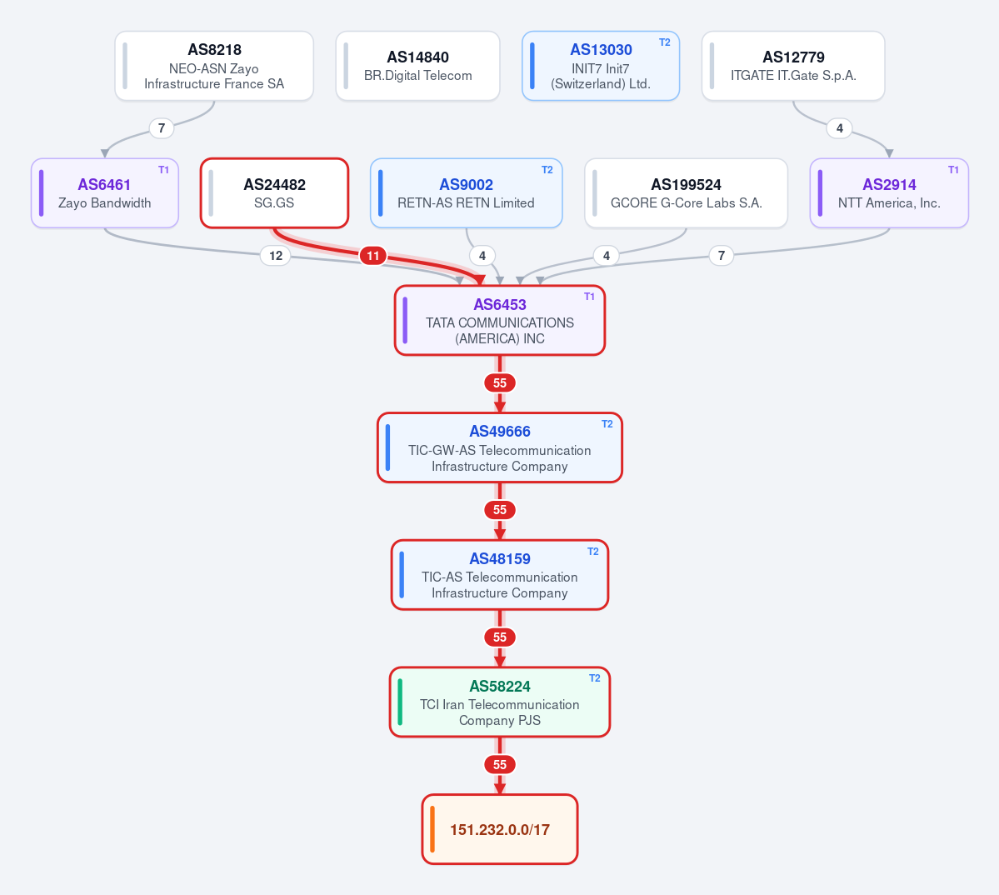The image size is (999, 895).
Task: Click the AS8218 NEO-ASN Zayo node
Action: click(214, 66)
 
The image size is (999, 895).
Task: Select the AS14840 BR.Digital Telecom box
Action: click(418, 66)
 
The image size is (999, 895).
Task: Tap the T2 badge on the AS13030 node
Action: click(665, 42)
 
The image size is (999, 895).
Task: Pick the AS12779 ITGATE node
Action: click(793, 66)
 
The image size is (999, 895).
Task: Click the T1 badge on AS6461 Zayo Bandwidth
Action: click(164, 170)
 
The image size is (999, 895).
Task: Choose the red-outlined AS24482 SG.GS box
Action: click(275, 193)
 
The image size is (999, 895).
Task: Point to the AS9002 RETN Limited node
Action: click(467, 193)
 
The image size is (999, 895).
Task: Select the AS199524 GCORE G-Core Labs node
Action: click(687, 193)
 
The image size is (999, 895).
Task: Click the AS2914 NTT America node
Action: click(889, 193)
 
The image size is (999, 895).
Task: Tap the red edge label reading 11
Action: click(372, 256)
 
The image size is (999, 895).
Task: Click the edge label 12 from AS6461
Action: click(276, 256)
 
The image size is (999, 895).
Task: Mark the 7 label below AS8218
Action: click(162, 128)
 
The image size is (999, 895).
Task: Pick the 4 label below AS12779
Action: click(840, 128)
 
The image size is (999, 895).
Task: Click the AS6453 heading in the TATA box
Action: click(500, 304)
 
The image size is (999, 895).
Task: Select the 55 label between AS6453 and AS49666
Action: click(500, 383)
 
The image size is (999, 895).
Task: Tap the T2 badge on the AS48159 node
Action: click(593, 552)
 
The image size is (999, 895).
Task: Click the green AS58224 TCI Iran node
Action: click(500, 702)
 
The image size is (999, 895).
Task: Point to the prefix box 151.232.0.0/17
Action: click(500, 829)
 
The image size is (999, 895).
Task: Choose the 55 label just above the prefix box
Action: click(500, 765)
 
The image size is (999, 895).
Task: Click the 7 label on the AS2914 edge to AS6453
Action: click(722, 256)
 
